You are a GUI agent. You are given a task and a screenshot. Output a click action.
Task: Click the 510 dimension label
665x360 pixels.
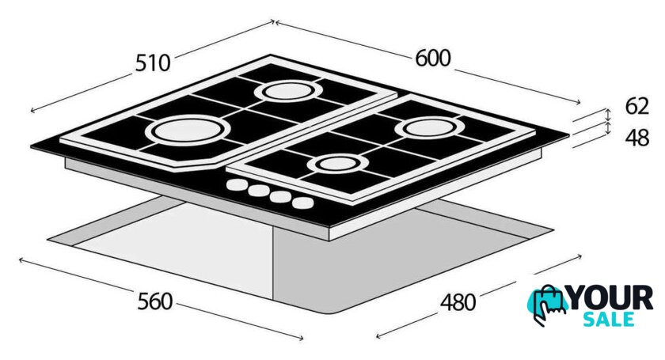pyautogui.click(x=153, y=63)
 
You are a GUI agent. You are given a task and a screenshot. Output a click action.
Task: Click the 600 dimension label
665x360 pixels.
pyautogui.click(x=432, y=58)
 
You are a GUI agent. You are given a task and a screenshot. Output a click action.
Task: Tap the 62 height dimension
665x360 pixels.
pyautogui.click(x=637, y=106)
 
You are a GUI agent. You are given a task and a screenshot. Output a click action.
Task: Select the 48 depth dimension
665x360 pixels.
pyautogui.click(x=637, y=138)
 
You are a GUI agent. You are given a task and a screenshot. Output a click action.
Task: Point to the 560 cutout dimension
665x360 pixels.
pyautogui.click(x=155, y=301)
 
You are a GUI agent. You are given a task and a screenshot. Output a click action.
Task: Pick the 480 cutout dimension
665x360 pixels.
pyautogui.click(x=458, y=302)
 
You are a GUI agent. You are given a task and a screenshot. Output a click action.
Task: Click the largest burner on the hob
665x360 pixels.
pyautogui.click(x=187, y=129)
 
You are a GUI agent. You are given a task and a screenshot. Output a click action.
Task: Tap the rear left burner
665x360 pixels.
pyautogui.click(x=288, y=91)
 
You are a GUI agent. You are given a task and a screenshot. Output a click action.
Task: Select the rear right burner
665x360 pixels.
pyautogui.click(x=430, y=127)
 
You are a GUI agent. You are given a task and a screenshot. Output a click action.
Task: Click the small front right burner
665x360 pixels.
pyautogui.click(x=337, y=164)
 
